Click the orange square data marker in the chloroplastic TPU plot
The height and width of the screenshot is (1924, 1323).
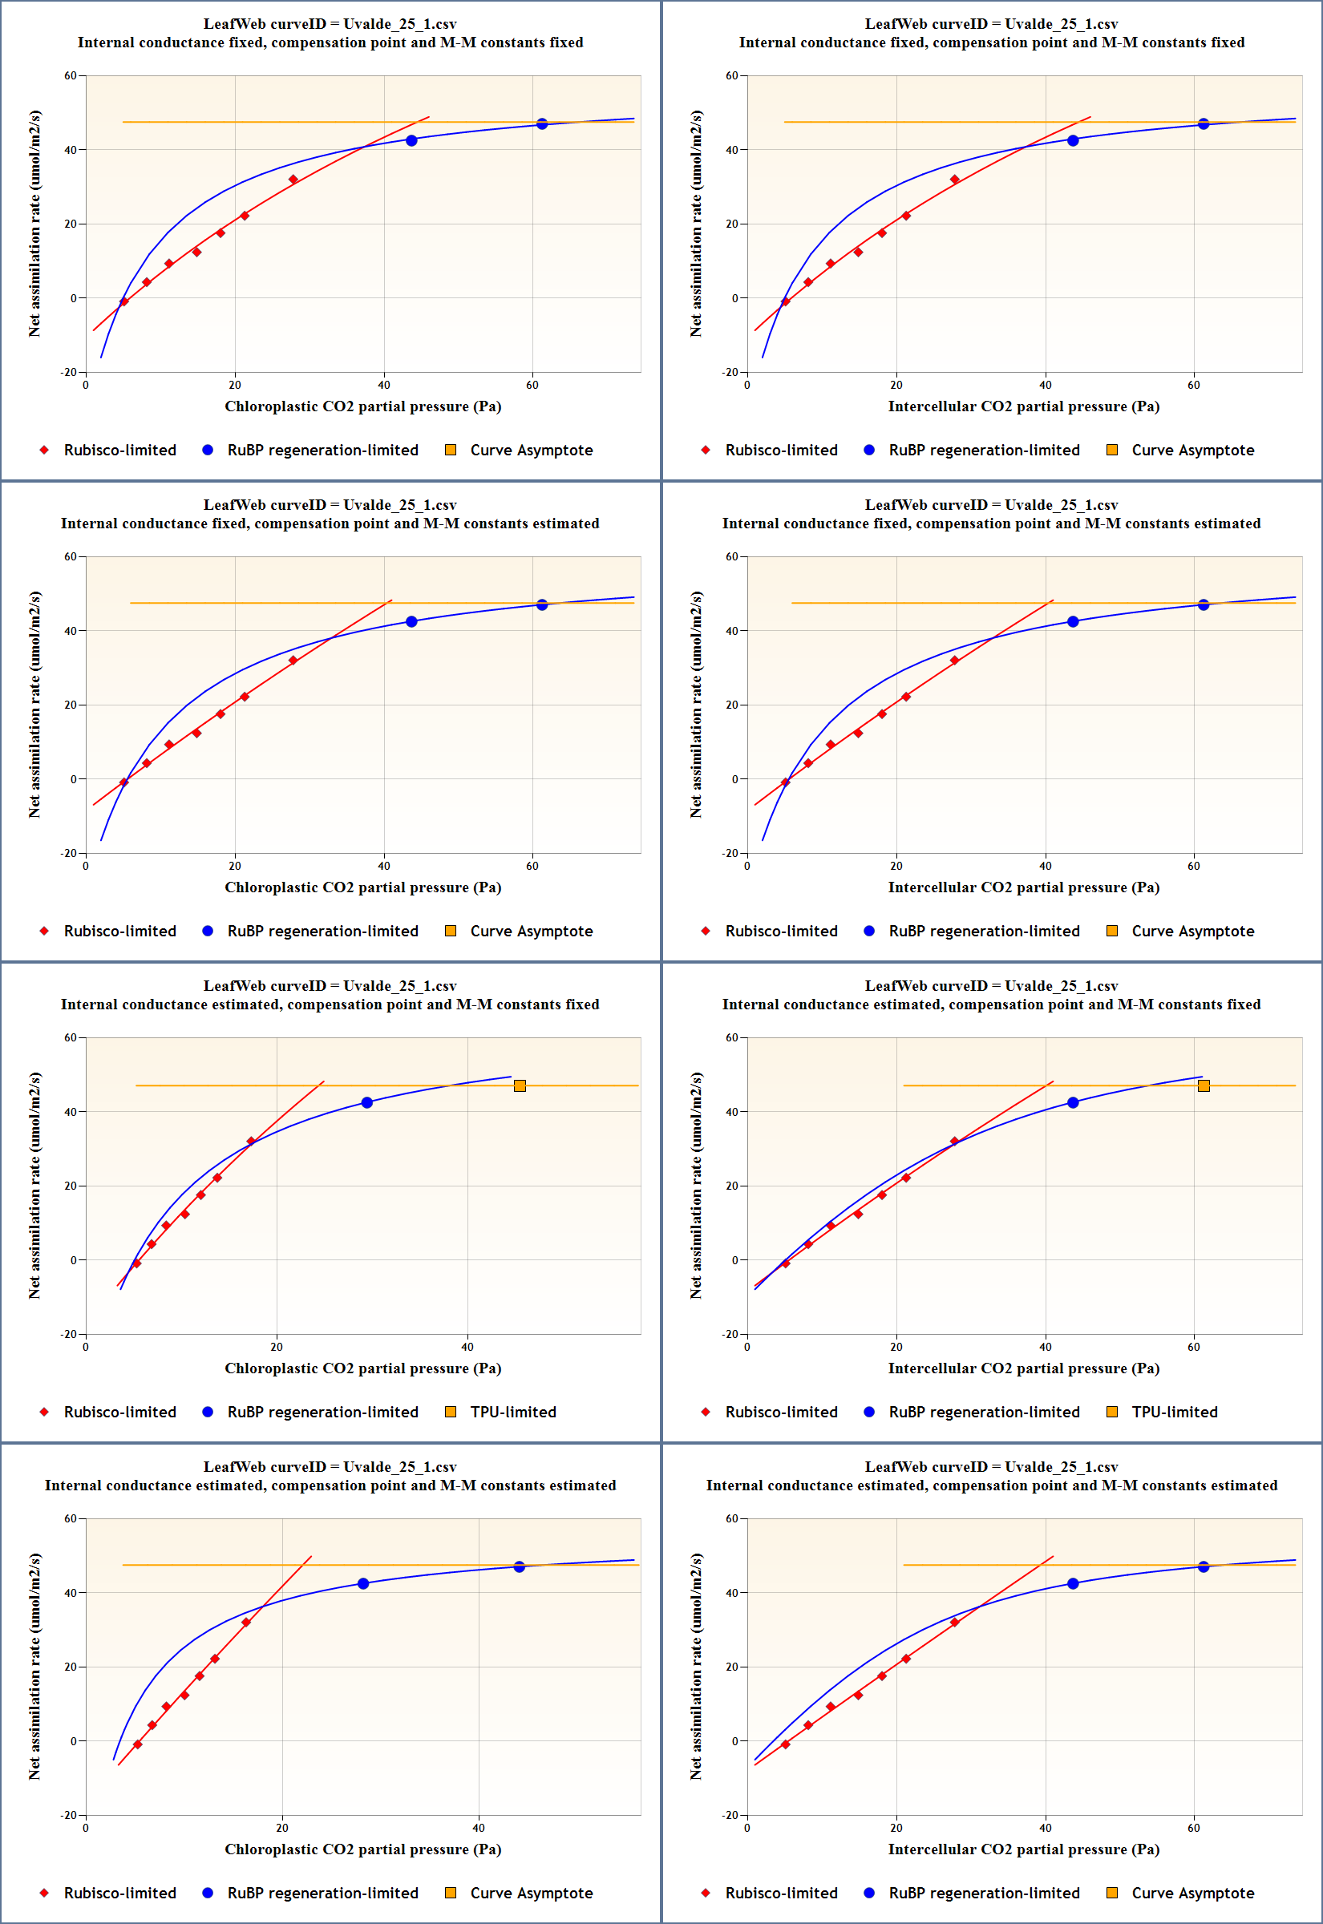(x=520, y=1085)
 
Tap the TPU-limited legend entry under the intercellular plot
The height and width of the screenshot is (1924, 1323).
(x=1174, y=1412)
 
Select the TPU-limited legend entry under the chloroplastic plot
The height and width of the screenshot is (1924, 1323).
(x=512, y=1412)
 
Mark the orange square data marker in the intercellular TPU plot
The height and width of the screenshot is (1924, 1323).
(x=1204, y=1085)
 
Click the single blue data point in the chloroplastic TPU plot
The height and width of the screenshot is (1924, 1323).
(x=366, y=1103)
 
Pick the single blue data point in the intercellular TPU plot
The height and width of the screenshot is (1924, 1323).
(x=1073, y=1103)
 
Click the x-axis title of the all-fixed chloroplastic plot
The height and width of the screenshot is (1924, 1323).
(x=362, y=406)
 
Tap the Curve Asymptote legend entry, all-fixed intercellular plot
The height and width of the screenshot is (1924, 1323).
(x=1192, y=450)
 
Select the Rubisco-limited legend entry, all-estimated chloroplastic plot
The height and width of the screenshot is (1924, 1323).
(x=119, y=1893)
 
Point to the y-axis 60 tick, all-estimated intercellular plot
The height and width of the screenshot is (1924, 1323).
(x=732, y=1518)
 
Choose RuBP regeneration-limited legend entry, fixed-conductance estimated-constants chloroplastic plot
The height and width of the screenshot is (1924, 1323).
(x=322, y=931)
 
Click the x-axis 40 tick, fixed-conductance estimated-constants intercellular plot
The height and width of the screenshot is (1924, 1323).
(x=1046, y=866)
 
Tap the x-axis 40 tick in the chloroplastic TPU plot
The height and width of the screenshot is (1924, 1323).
(x=467, y=1347)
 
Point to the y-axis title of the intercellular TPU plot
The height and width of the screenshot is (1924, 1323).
(x=696, y=1185)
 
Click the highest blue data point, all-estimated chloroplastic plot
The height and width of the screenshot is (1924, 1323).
(x=519, y=1567)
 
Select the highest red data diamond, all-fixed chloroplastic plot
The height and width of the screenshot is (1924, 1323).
(x=293, y=180)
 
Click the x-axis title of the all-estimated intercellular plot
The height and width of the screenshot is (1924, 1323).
(x=1024, y=1849)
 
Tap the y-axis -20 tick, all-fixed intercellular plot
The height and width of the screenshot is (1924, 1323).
(x=730, y=372)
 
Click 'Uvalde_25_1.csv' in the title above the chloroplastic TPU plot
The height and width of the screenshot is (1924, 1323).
(x=399, y=986)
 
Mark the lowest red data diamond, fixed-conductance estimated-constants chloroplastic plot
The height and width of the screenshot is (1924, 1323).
(x=124, y=782)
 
